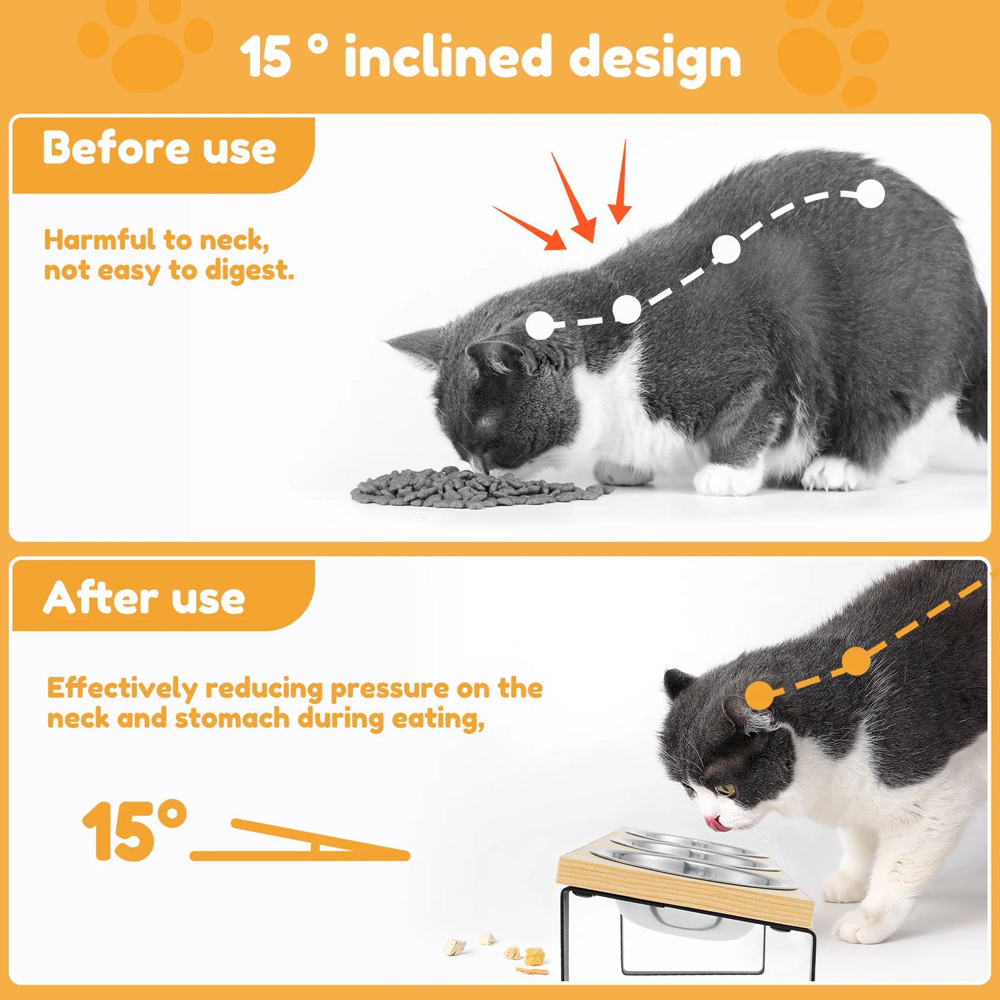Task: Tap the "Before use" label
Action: point(159,148)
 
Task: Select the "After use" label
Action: point(144,598)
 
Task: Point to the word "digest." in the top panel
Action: point(249,270)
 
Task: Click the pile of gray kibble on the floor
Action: point(478,488)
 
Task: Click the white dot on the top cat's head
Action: point(540,325)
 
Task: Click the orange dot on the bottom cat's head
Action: point(760,695)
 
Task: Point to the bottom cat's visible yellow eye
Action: point(725,790)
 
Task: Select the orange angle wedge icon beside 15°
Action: point(304,841)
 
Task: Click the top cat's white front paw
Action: point(727,480)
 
